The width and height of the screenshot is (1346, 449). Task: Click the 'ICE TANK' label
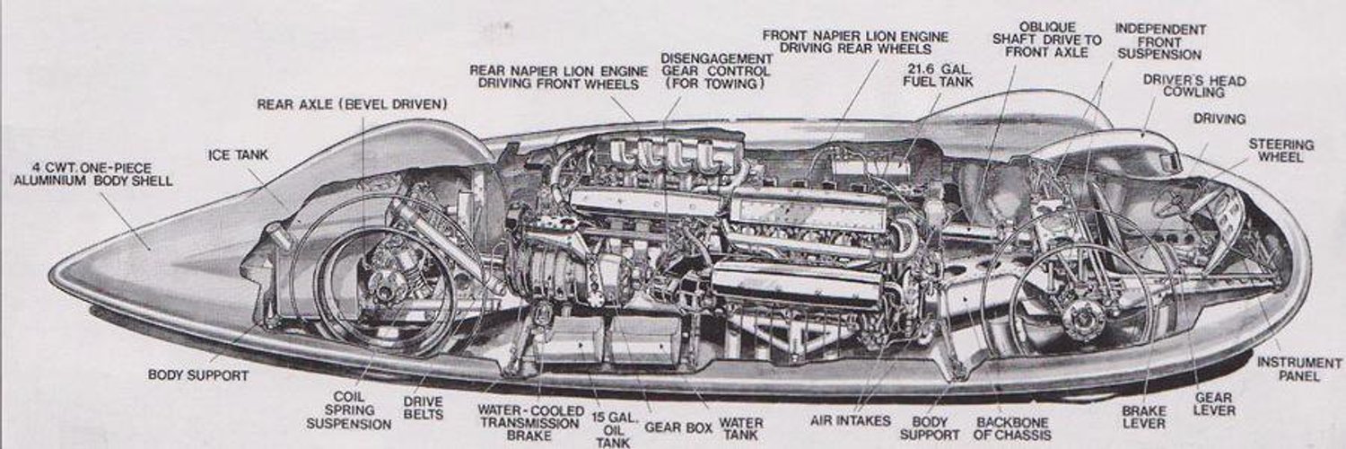coord(238,155)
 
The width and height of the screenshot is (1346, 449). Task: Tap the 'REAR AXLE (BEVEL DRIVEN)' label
coord(352,104)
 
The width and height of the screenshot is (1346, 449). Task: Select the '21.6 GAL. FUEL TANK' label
coord(938,75)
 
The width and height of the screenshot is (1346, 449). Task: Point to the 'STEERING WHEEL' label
coord(1281,150)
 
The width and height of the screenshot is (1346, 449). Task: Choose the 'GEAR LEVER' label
coord(1214,404)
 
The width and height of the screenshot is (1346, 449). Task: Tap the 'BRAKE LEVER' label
coord(1143,417)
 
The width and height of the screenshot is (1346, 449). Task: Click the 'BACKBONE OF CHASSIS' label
coord(1012,428)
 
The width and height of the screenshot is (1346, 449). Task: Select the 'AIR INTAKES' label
coord(851,421)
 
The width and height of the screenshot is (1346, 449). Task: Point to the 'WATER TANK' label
coord(741,428)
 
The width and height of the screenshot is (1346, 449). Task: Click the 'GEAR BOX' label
coord(678,428)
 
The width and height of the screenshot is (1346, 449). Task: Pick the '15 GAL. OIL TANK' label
coord(613,429)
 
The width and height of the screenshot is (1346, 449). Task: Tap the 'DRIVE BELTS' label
coord(423,408)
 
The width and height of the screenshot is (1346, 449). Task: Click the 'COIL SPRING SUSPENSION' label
coord(348,409)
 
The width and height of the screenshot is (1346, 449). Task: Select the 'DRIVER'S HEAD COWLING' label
coord(1194,86)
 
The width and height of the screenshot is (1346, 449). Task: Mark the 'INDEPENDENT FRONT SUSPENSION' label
coord(1160,41)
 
